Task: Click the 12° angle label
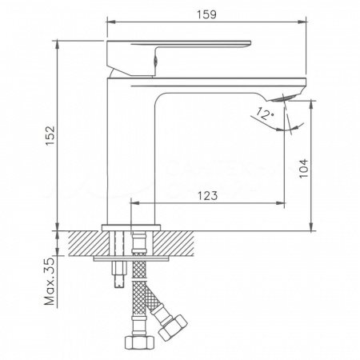click(266, 114)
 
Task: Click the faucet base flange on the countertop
click(135, 226)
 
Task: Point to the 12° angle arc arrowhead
click(292, 127)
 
